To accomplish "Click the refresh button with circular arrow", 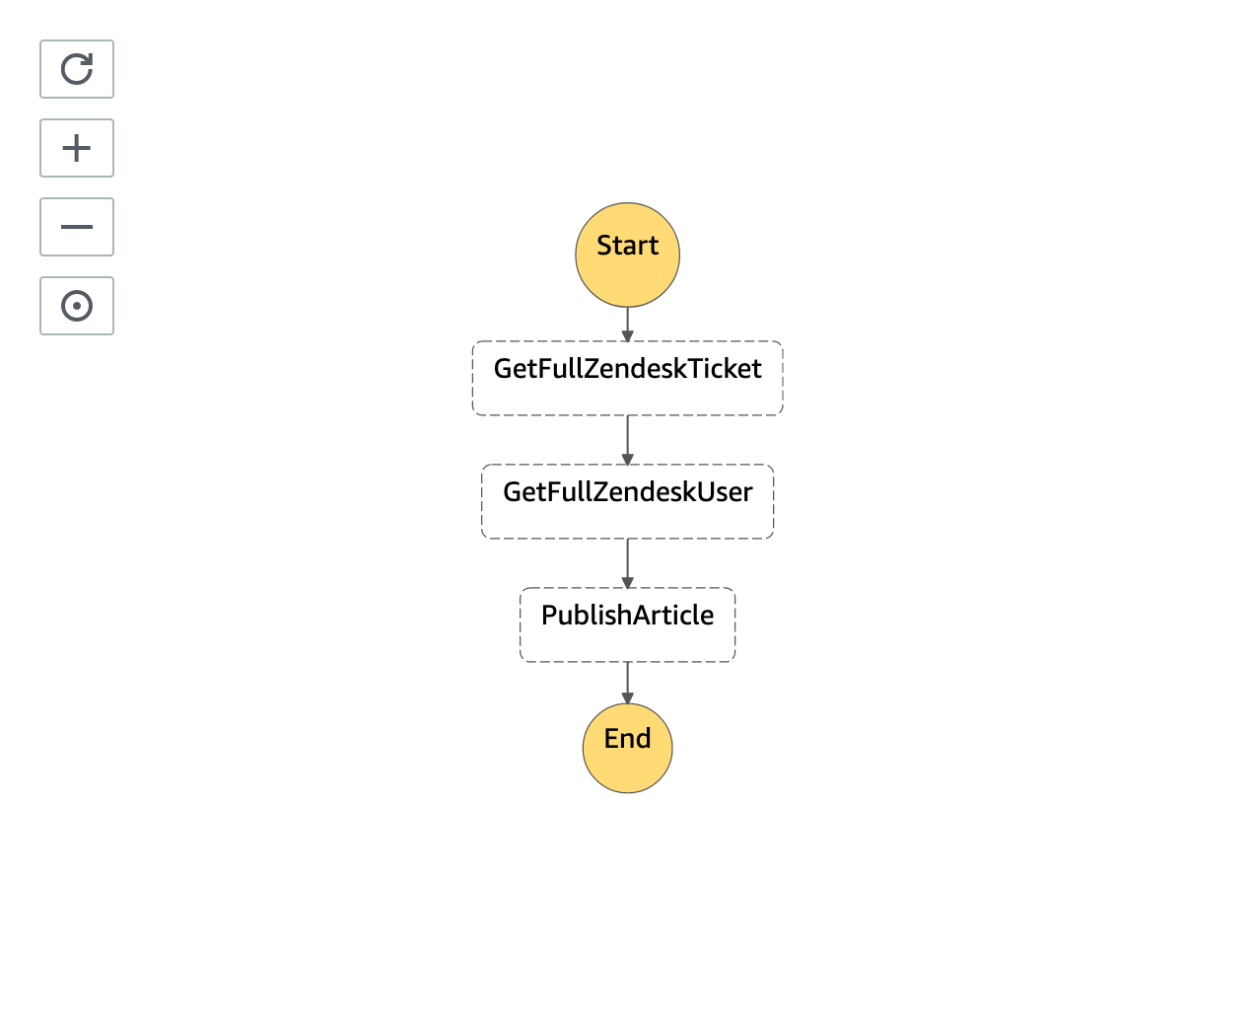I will [77, 69].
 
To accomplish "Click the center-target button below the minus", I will [77, 306].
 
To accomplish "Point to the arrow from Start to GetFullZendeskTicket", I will [627, 323].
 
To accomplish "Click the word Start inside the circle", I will [627, 246].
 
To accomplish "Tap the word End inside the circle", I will [627, 738].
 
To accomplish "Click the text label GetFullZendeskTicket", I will [627, 369].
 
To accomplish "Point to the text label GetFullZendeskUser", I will [627, 492].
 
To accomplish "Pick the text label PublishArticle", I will [627, 616].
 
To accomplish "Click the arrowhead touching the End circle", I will [627, 698].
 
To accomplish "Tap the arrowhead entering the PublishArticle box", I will [627, 583].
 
